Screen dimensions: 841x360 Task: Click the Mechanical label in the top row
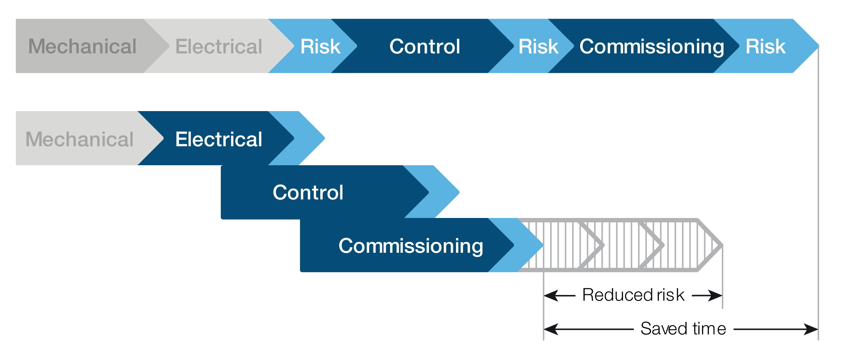pos(82,46)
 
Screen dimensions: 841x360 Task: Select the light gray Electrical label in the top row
pos(219,46)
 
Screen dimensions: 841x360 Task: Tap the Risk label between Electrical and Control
pos(320,46)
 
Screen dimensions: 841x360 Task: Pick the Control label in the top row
pos(425,46)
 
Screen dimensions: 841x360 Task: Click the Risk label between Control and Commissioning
pos(538,46)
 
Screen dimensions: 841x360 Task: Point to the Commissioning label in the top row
pos(652,47)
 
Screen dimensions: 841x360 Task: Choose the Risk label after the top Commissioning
pos(765,46)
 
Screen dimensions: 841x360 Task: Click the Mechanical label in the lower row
pos(79,139)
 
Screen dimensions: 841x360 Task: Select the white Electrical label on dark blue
pos(219,139)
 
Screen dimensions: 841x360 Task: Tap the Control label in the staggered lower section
pos(308,192)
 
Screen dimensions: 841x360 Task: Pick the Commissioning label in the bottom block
pos(411,246)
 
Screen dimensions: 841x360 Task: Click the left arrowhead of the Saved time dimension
pos(551,329)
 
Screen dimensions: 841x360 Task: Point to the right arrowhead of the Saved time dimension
pos(811,329)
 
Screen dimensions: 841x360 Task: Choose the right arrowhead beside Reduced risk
pos(715,296)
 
